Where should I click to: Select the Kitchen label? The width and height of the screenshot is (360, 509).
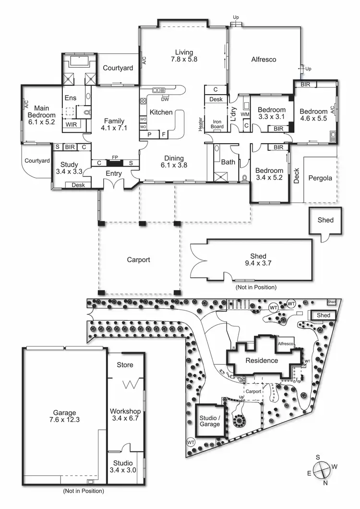(x=161, y=112)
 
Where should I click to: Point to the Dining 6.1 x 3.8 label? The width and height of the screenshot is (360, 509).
(x=174, y=161)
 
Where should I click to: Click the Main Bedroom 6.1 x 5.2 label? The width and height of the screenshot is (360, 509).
(x=41, y=115)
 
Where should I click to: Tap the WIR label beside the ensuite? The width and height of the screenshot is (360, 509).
(x=72, y=124)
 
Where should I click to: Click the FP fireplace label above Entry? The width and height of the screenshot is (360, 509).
(x=115, y=157)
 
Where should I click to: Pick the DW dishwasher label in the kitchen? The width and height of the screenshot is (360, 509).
(x=165, y=99)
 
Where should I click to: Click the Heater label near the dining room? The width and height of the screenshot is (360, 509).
(x=201, y=123)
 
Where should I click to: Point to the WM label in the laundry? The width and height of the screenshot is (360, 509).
(x=245, y=114)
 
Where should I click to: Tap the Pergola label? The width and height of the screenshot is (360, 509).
(x=321, y=178)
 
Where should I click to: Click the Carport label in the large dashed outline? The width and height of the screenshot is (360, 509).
(x=138, y=260)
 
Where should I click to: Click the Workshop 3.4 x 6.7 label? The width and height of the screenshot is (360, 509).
(x=125, y=415)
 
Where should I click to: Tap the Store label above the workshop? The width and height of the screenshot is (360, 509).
(x=125, y=365)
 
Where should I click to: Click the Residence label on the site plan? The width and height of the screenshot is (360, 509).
(x=262, y=360)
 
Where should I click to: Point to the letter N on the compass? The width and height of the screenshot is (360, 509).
(x=325, y=483)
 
